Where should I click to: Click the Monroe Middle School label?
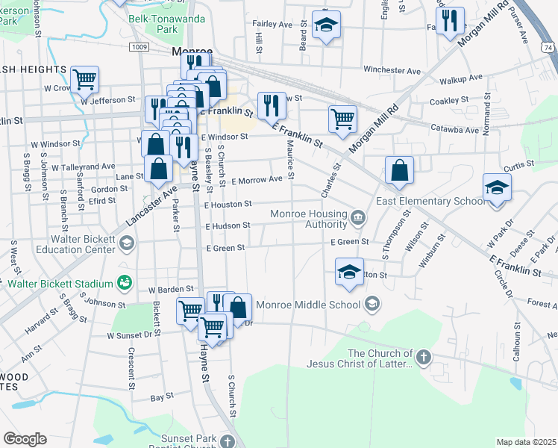coord(308,304)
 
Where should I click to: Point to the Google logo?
coord(25,439)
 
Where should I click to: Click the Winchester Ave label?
coord(392,70)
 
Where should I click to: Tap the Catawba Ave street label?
coord(454,130)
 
